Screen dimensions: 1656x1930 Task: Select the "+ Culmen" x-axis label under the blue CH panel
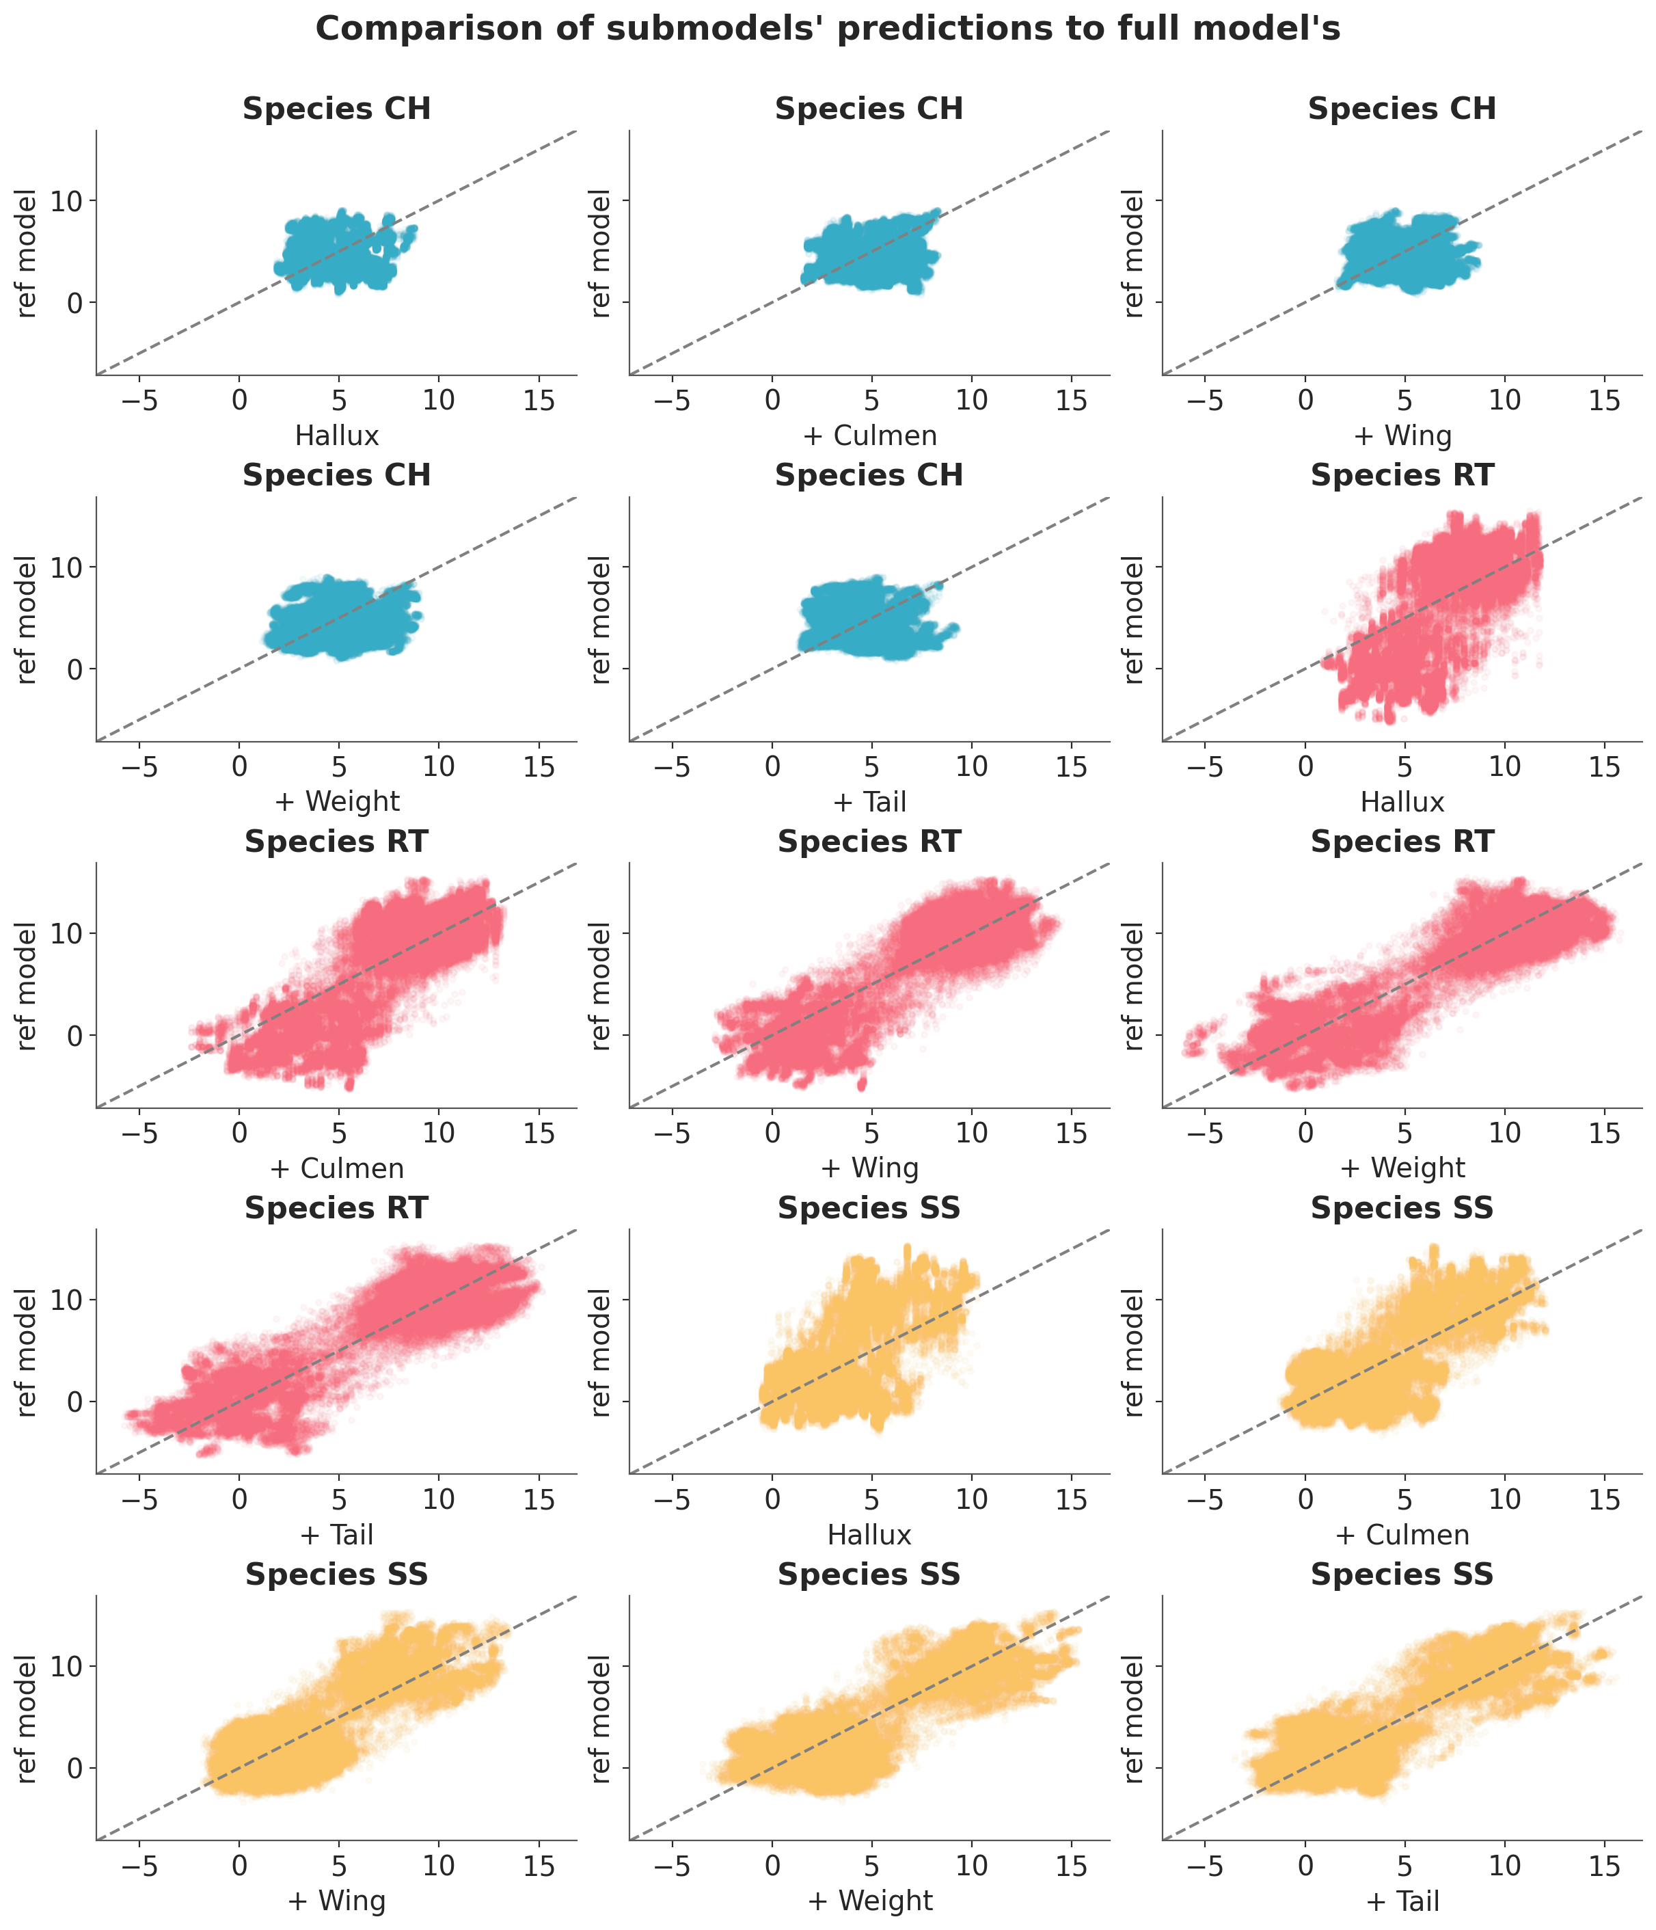click(870, 435)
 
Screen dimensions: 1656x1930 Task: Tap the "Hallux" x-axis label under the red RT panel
click(1402, 802)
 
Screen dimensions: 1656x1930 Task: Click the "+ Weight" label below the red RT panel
click(1402, 1168)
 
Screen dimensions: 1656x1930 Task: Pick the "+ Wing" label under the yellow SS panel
click(336, 1901)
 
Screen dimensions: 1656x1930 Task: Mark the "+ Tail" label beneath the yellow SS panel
click(1402, 1901)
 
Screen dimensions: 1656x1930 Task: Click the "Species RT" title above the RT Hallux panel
click(1402, 475)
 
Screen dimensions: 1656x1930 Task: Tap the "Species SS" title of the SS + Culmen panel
click(1402, 1208)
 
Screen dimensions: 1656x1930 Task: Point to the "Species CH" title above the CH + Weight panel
click(336, 475)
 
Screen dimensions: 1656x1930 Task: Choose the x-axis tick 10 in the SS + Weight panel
click(971, 1865)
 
